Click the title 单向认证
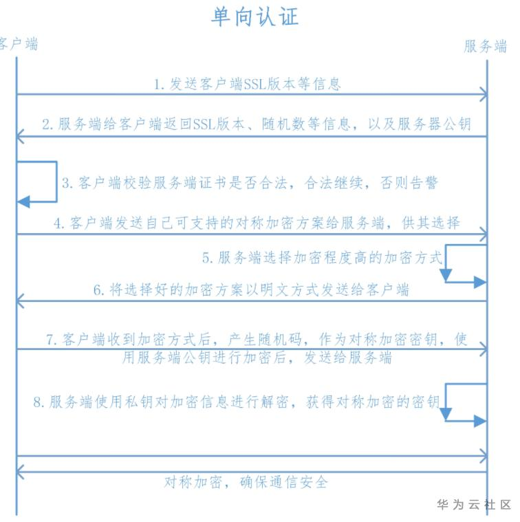pos(254,17)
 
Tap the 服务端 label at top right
pos(486,46)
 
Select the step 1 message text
pos(247,84)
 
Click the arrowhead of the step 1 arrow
pos(484,94)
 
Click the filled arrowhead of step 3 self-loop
pos(24,202)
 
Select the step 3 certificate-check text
pos(250,183)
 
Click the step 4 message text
pos(257,223)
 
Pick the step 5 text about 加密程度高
pos(323,258)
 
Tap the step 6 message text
pos(251,290)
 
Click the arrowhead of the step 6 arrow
pos(20,301)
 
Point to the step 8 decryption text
pos(237,402)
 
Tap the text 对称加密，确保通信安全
pos(246,481)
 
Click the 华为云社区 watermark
pos(474,505)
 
